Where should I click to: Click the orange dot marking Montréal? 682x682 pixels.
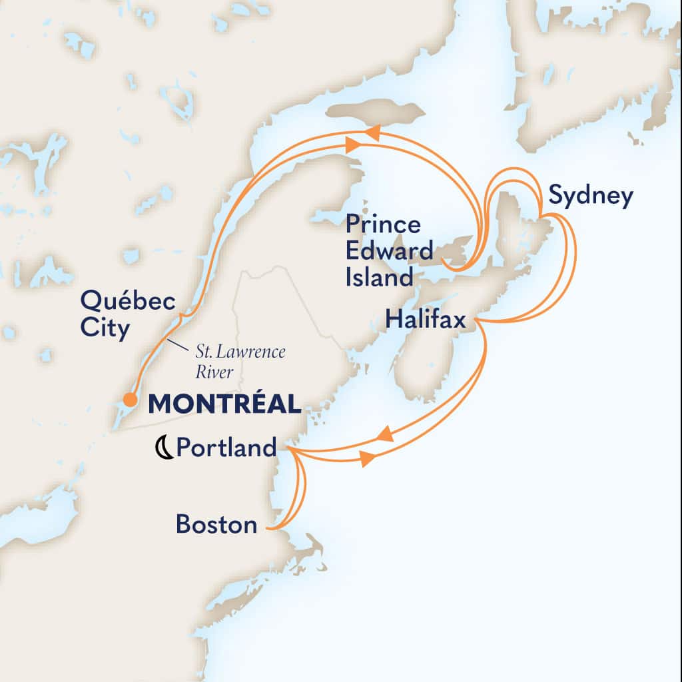[131, 400]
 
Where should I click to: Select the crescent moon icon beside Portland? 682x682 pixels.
[163, 449]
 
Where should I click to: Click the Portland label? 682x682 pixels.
[226, 448]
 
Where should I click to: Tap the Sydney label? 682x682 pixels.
[590, 196]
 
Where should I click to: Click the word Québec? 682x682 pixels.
[129, 301]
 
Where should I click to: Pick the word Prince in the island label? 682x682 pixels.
[383, 225]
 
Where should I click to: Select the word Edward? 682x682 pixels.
[389, 251]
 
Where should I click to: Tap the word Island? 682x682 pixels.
[378, 276]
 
